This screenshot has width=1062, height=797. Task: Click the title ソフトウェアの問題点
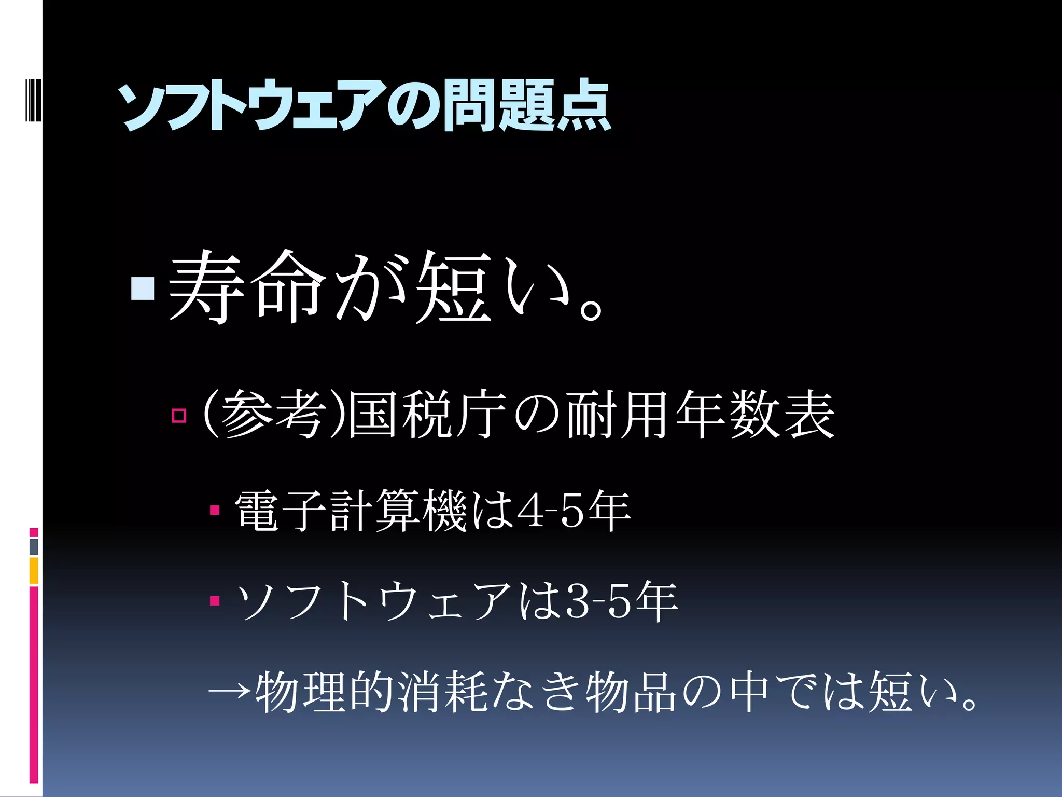(x=366, y=106)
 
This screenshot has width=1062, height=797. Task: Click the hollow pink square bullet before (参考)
(x=179, y=415)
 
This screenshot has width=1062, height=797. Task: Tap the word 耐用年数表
(x=700, y=415)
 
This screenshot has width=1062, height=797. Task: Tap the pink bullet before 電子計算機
(x=215, y=511)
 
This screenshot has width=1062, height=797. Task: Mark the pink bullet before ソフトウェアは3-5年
(x=215, y=601)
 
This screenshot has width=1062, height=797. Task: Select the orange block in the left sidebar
(x=34, y=570)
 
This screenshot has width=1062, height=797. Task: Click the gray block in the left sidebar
(x=34, y=546)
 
